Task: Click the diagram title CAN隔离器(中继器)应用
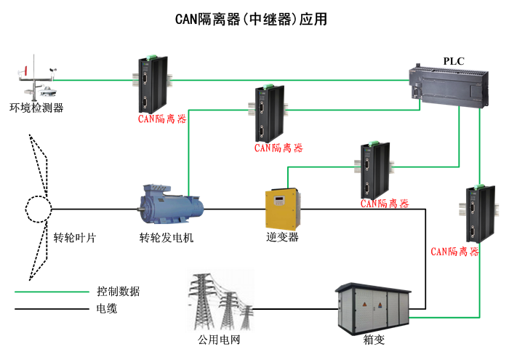(252, 20)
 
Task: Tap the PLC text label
(454, 60)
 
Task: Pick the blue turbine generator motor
(172, 208)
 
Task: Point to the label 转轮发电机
(167, 237)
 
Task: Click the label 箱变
(373, 339)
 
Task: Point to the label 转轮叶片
(74, 237)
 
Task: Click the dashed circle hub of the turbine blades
(39, 209)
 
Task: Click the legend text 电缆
(107, 309)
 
